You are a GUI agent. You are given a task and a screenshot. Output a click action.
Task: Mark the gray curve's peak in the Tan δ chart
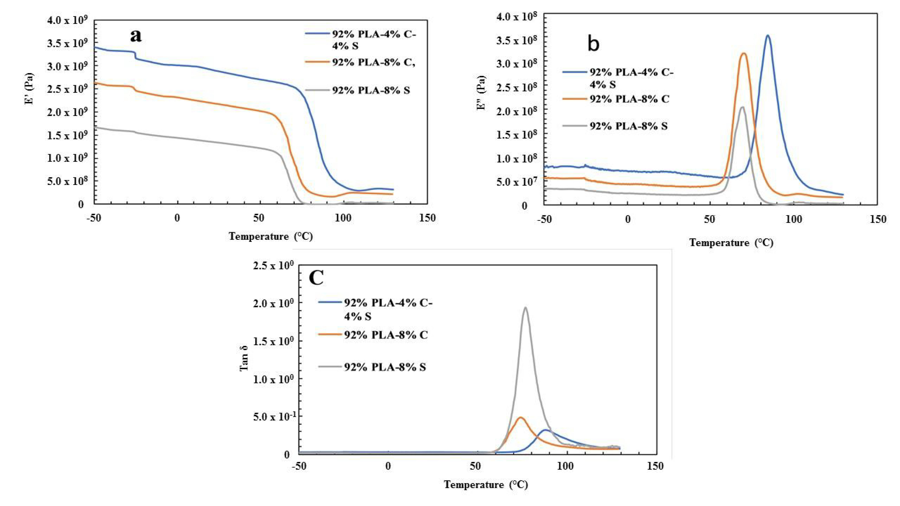click(x=525, y=308)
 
